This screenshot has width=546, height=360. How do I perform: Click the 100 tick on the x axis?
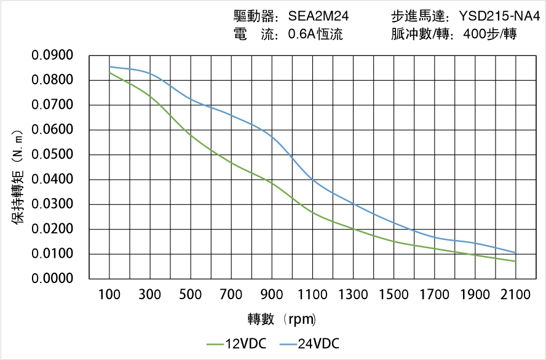pos(109,295)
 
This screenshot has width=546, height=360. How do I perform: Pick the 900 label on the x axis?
pos(272,295)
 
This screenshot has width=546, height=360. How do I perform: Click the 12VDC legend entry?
pos(237,343)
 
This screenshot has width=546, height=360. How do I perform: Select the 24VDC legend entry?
pos(310,343)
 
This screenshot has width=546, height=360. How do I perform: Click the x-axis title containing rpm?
pos(282,319)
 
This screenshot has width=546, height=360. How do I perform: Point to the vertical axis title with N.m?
pos(18,167)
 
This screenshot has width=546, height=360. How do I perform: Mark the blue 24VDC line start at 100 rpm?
pos(109,66)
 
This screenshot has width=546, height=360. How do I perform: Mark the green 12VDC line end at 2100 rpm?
pos(515,261)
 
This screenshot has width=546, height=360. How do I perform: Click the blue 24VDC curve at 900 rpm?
pos(272,137)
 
